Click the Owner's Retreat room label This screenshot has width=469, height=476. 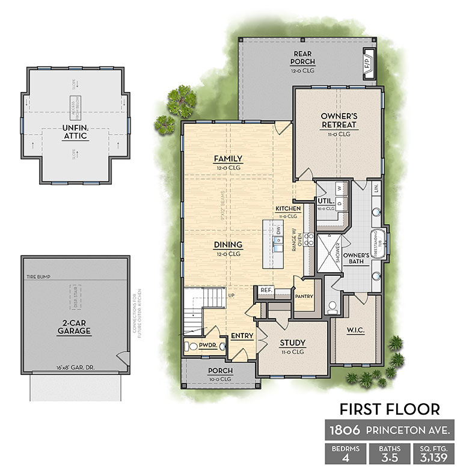click(x=339, y=120)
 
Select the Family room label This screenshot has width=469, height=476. click(x=228, y=159)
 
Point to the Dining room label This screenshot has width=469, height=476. click(x=228, y=245)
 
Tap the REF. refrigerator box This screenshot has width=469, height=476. click(x=267, y=290)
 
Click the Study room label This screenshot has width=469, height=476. click(x=293, y=343)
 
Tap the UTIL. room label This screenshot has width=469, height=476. click(x=326, y=201)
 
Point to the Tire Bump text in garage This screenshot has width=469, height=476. click(x=37, y=277)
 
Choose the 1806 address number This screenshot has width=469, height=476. click(x=345, y=431)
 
